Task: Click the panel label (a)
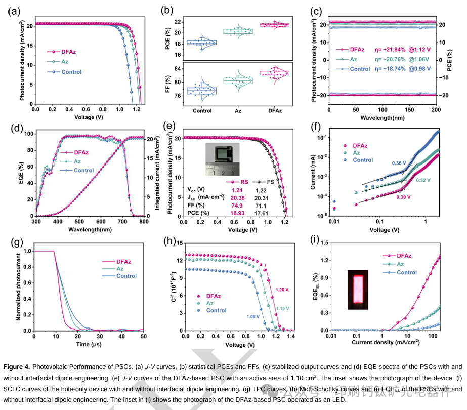point(11,10)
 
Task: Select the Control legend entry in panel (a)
point(71,72)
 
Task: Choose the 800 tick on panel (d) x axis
point(144,221)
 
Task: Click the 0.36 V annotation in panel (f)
point(399,163)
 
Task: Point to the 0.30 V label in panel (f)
point(403,197)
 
